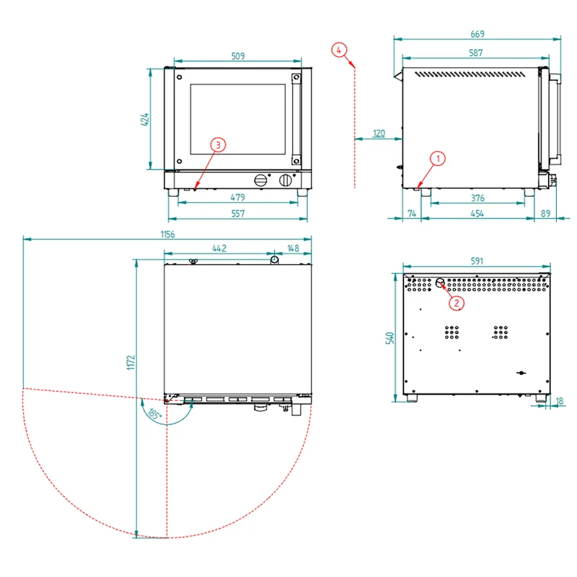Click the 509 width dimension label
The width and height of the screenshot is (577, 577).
[x=238, y=56]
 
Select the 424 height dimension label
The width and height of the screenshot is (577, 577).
[x=145, y=120]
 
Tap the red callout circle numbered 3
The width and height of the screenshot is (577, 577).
[x=219, y=145]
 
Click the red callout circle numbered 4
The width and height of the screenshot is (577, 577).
[x=339, y=50]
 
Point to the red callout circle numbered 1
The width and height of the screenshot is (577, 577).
[x=438, y=159]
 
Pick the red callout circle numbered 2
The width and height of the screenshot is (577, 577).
[x=457, y=303]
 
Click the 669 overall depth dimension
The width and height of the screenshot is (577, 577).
[x=477, y=34]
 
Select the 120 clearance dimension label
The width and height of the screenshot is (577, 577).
[x=379, y=133]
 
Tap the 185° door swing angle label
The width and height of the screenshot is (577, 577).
[x=154, y=413]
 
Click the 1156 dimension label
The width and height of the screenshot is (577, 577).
[x=167, y=234]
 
